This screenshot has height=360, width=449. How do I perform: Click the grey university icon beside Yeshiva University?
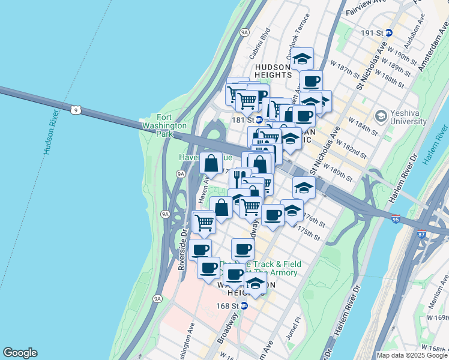point(380,115)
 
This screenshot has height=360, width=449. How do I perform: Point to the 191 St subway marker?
point(389,33)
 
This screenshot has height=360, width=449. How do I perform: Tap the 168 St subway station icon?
point(244,306)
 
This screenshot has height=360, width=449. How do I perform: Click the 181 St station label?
point(240,119)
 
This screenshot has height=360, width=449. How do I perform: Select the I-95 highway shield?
point(395,220)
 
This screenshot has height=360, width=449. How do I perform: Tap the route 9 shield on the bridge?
point(75,110)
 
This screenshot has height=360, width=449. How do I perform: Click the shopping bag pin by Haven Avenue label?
point(211,163)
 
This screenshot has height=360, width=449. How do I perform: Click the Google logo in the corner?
point(20,353)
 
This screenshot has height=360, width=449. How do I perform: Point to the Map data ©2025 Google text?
point(412,355)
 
